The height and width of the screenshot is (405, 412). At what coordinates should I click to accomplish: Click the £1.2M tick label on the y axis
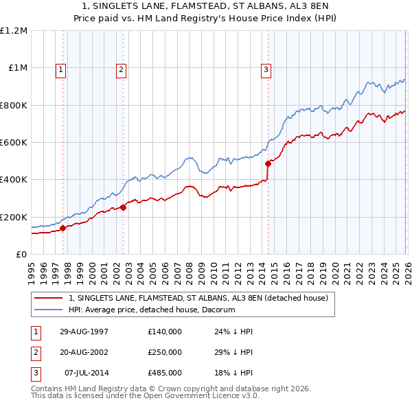[14, 31]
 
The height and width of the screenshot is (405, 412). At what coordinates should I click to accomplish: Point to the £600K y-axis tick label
[14, 143]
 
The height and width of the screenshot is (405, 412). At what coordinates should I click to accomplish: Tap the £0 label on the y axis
[22, 254]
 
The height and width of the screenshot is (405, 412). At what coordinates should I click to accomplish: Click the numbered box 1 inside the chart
[61, 69]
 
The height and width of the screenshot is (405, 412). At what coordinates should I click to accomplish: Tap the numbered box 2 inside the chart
[121, 69]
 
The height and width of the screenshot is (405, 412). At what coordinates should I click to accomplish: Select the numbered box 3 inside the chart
[266, 69]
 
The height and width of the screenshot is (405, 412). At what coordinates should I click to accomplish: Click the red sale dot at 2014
[268, 163]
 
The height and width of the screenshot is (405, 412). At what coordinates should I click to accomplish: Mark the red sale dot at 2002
[124, 207]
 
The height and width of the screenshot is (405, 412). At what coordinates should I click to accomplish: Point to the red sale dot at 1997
[63, 228]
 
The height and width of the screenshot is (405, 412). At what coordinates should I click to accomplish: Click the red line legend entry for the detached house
[198, 298]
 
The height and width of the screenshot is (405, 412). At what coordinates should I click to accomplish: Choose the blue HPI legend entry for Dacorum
[151, 310]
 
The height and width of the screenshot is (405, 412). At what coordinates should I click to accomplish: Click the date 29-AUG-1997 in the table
[84, 332]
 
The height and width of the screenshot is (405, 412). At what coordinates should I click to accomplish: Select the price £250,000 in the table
[164, 352]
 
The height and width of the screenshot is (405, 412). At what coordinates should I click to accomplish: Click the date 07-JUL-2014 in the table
[86, 373]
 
